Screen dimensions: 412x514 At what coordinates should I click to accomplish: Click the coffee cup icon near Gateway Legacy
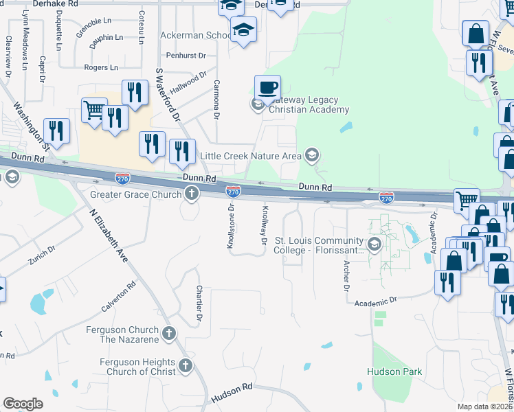(x=267, y=88)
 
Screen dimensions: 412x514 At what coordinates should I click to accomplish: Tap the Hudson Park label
(x=395, y=372)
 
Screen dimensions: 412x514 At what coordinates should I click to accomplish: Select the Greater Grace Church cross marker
(x=191, y=195)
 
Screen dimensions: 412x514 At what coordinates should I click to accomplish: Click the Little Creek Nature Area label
(x=250, y=156)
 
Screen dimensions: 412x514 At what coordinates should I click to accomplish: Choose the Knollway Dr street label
(x=263, y=226)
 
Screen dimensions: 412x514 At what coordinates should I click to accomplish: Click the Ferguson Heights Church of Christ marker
(x=185, y=366)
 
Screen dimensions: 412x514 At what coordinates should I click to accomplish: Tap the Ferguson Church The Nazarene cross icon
(x=169, y=334)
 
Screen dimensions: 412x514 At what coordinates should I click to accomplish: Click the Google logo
(x=23, y=403)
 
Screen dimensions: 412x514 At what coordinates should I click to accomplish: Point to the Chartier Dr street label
(x=199, y=304)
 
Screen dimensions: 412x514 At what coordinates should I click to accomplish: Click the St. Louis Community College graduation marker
(x=374, y=244)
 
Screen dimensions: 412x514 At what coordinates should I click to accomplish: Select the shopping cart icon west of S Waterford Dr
(x=94, y=109)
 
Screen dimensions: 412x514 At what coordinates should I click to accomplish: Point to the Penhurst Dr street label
(x=185, y=55)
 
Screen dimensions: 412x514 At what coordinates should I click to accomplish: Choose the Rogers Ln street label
(x=100, y=67)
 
